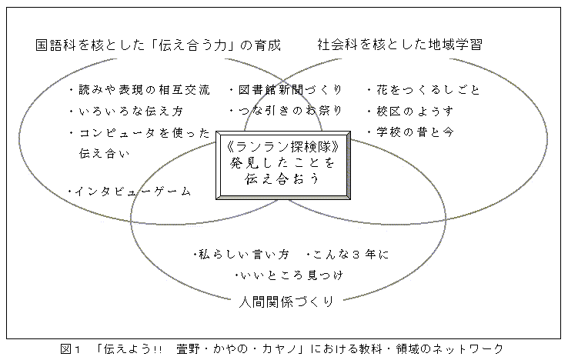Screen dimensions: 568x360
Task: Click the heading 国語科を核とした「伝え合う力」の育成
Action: click(158, 45)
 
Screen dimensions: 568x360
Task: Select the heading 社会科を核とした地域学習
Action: click(400, 45)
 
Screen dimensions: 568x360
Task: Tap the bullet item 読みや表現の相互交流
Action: click(144, 90)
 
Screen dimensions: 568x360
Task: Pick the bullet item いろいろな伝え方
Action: click(131, 111)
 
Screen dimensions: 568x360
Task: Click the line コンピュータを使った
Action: click(144, 133)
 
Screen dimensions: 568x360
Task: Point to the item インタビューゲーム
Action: click(132, 191)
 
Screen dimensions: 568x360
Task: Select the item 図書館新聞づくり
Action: click(290, 90)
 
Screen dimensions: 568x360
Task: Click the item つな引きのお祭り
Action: click(290, 111)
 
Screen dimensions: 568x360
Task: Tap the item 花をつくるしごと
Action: click(428, 90)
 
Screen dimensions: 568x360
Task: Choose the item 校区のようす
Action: click(415, 111)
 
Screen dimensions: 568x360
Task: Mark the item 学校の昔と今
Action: click(415, 132)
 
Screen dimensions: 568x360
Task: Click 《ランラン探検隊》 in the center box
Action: click(283, 147)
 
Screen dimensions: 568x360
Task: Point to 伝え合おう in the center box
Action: click(282, 178)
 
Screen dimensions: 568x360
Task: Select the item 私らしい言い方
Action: click(244, 255)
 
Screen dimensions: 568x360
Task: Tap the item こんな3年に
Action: click(350, 255)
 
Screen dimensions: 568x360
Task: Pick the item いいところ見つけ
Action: click(291, 275)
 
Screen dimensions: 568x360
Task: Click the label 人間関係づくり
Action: click(286, 302)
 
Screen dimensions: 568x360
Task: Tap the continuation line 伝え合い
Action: click(105, 154)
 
